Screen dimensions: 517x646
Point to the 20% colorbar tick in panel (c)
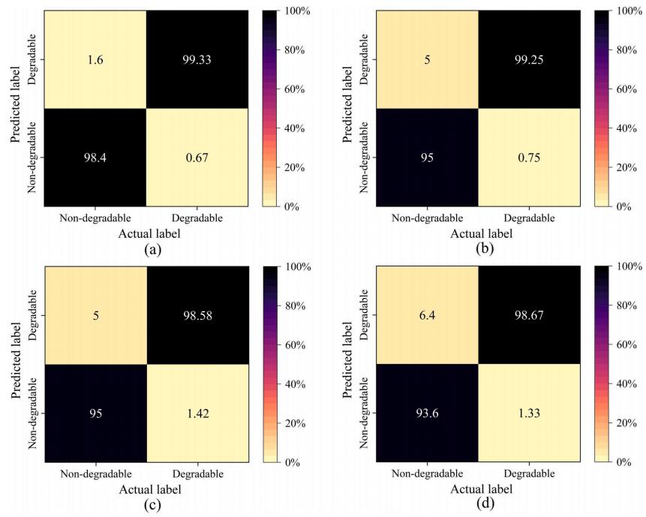click(288, 424)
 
